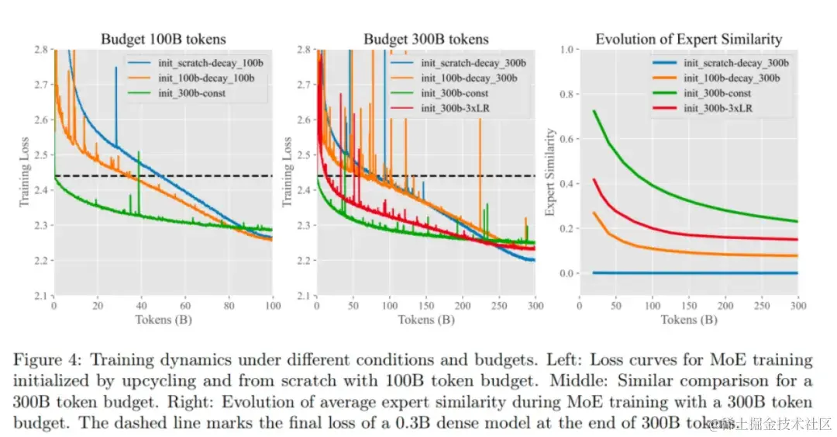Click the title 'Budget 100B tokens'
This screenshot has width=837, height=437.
[x=163, y=39]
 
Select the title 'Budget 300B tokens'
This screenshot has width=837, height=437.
[x=427, y=39]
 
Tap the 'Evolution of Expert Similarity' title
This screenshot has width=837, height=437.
[x=688, y=39]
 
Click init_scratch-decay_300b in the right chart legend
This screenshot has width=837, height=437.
[x=735, y=64]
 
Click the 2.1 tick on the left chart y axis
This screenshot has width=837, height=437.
[x=41, y=296]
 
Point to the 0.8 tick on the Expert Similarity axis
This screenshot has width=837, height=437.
[x=567, y=94]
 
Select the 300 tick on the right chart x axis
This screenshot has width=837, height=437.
[x=797, y=307]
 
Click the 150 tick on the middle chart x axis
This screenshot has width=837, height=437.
[x=425, y=307]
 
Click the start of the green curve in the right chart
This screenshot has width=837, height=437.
[x=594, y=111]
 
